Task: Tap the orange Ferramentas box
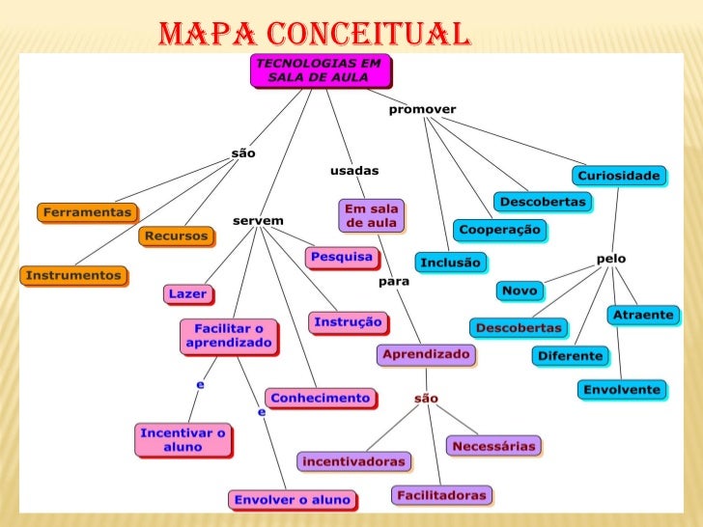pyautogui.click(x=86, y=211)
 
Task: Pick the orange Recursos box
pyautogui.click(x=178, y=236)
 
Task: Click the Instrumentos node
pyautogui.click(x=73, y=275)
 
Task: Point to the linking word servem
pyautogui.click(x=258, y=221)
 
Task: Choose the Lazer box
pyautogui.click(x=187, y=293)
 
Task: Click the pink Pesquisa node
pyautogui.click(x=340, y=258)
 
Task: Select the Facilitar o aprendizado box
pyautogui.click(x=229, y=336)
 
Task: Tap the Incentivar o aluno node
pyautogui.click(x=183, y=439)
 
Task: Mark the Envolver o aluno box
pyautogui.click(x=292, y=499)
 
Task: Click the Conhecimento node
pyautogui.click(x=320, y=398)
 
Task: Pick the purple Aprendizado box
pyautogui.click(x=426, y=354)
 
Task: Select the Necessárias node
pyautogui.click(x=493, y=446)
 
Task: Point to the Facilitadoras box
pyautogui.click(x=441, y=495)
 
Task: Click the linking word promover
pyautogui.click(x=422, y=109)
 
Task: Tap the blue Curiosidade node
pyautogui.click(x=619, y=175)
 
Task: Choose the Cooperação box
pyautogui.click(x=500, y=230)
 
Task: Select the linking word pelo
pyautogui.click(x=611, y=259)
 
